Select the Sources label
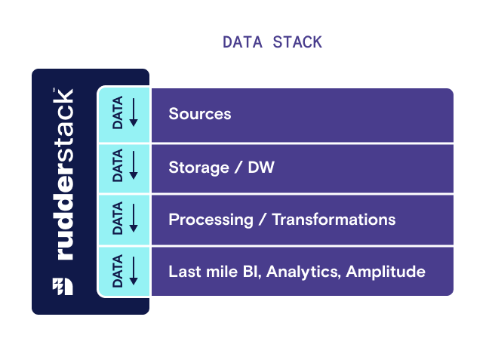[199, 115]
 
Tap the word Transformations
[334, 220]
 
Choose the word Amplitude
[386, 272]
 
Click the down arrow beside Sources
[134, 113]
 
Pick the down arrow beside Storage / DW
[134, 166]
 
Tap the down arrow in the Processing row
[134, 219]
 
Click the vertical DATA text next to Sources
[118, 115]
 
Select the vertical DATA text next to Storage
[118, 167]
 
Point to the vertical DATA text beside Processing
[118, 220]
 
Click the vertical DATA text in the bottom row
[118, 272]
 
